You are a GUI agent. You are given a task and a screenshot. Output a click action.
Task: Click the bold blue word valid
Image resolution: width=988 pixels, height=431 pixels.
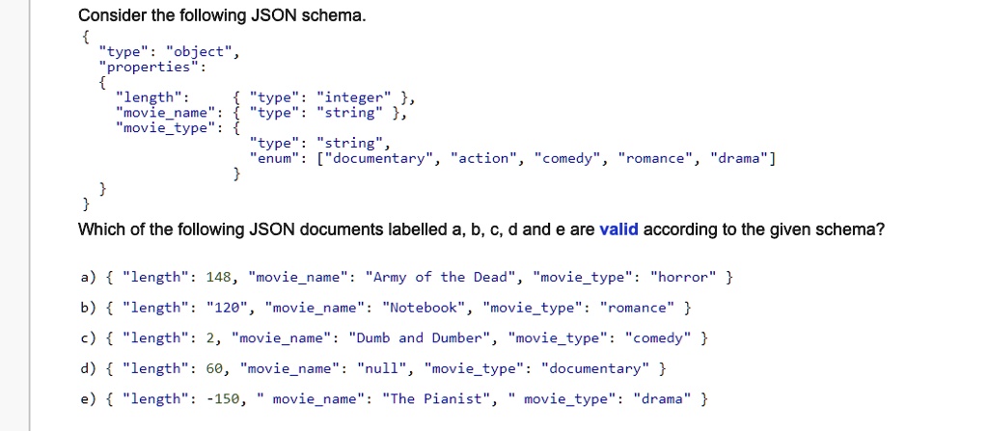point(618,229)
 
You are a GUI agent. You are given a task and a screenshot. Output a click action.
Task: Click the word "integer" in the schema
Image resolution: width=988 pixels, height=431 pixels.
point(354,97)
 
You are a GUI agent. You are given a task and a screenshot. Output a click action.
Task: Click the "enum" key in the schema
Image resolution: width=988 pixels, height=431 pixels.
point(274,159)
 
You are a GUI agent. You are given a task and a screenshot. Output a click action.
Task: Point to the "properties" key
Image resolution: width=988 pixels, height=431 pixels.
point(149,67)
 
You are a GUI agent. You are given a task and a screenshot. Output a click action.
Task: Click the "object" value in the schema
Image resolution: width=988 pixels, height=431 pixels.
point(199,52)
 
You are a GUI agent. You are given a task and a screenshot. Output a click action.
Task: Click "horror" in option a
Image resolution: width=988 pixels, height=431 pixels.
point(683,277)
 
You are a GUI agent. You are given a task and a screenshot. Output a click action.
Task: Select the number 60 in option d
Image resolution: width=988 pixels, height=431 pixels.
point(214,368)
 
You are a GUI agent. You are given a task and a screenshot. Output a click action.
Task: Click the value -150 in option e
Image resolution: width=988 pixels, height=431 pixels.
point(223,399)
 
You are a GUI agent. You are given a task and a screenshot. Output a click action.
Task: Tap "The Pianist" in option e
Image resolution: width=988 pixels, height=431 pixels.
point(436,399)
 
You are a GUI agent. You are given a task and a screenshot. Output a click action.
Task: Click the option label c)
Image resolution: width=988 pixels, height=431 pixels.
point(88,338)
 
